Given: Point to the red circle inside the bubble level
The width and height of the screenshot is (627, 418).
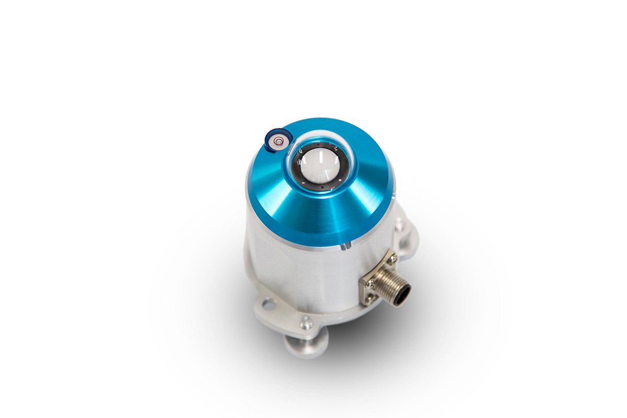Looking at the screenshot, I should [276, 140].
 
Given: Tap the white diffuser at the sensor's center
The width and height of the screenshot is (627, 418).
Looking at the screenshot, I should [319, 167].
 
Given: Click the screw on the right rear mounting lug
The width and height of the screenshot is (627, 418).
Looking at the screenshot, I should [400, 226].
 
